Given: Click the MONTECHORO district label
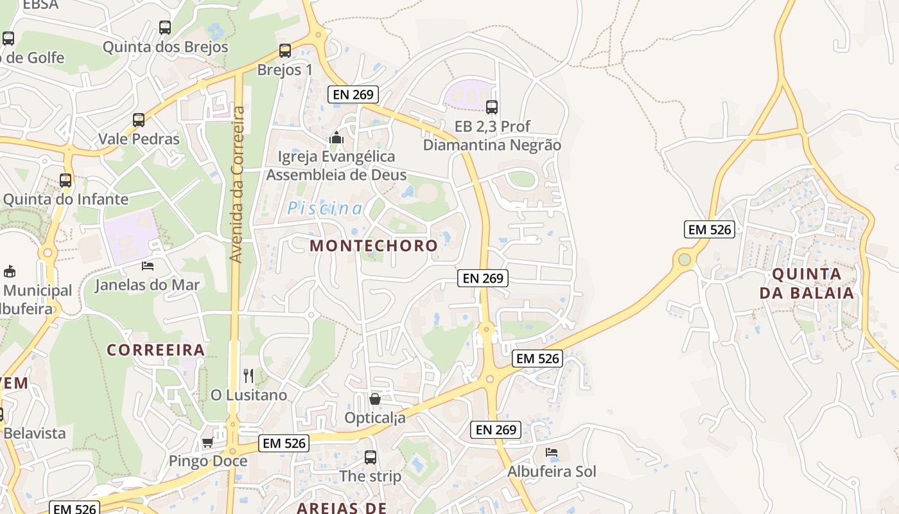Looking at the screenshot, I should click(x=374, y=245).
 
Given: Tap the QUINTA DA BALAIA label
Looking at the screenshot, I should click(x=807, y=283).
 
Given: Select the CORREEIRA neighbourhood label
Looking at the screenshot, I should click(x=156, y=350).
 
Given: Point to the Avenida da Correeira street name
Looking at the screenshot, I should click(x=236, y=184).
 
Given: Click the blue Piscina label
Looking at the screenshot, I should click(x=325, y=208).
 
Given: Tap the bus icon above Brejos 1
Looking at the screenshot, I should click(x=285, y=51).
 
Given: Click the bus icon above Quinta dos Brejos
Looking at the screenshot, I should click(x=165, y=28).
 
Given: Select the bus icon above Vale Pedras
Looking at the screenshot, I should click(x=139, y=120).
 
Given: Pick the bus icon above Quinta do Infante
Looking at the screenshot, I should click(x=65, y=181).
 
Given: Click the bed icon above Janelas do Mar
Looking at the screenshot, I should click(x=148, y=265).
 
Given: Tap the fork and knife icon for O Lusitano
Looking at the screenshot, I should click(x=249, y=376).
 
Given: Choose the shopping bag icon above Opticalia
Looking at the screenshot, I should click(x=375, y=399).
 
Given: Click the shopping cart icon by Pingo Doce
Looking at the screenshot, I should click(x=207, y=442).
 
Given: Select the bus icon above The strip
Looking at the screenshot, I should click(x=371, y=457).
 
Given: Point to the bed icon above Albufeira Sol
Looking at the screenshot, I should click(x=552, y=452).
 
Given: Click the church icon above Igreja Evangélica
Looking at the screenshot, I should click(x=336, y=137).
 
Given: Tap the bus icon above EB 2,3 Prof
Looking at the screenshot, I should click(x=492, y=107).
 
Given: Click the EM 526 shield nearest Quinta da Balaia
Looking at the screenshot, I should click(x=710, y=229).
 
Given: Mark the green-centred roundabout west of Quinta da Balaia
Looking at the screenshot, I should click(x=685, y=260).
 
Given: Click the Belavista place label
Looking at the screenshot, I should click(x=35, y=433).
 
